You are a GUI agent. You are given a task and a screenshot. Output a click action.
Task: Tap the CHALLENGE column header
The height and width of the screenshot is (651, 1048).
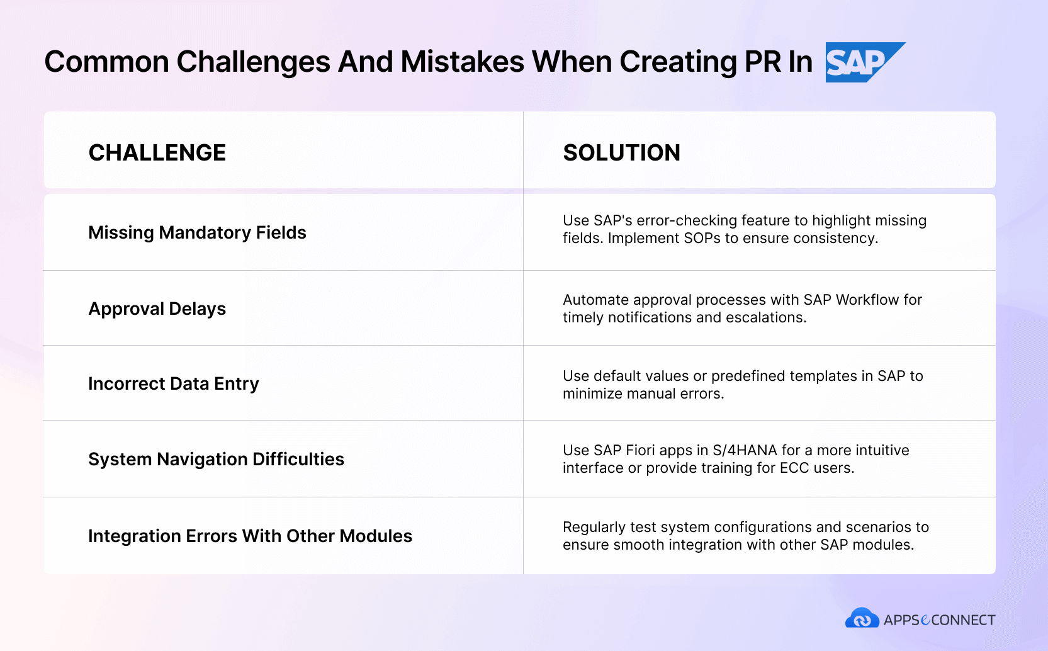[157, 152]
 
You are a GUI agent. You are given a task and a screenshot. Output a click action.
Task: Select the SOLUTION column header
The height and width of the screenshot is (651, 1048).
[621, 152]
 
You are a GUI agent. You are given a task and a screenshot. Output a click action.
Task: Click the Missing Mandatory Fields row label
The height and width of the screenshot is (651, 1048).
[197, 232]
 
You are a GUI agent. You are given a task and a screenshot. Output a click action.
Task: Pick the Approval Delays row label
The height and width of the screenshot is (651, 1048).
[157, 309]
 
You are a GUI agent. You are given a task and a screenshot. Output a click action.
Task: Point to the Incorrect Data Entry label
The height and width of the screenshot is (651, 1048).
[173, 384]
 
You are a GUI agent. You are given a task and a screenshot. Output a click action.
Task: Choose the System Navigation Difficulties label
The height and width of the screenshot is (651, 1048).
[216, 459]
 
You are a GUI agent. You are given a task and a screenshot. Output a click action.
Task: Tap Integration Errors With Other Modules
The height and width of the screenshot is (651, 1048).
[250, 536]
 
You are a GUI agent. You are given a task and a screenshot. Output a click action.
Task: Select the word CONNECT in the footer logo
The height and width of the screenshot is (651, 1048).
[963, 620]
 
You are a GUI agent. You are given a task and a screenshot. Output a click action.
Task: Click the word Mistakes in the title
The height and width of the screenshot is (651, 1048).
[462, 62]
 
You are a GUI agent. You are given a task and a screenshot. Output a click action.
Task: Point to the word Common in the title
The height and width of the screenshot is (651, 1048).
[106, 62]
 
